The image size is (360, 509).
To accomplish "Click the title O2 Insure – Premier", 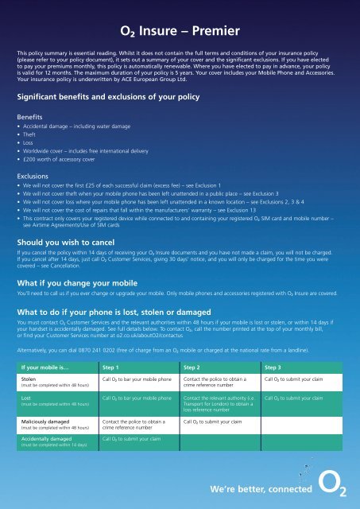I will (180, 33).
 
